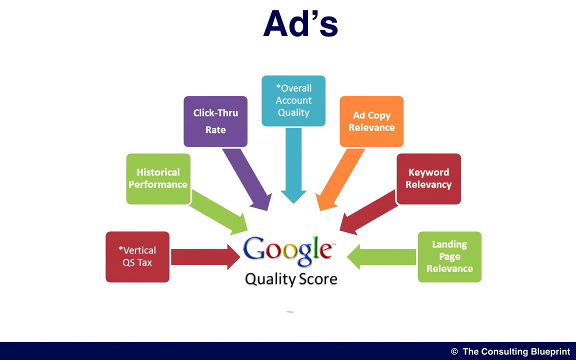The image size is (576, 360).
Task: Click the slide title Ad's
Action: pos(300,23)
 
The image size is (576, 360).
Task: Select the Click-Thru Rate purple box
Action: pos(215,121)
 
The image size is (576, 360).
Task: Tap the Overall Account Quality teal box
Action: pos(293,100)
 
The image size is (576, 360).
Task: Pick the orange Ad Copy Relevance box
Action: pos(371,121)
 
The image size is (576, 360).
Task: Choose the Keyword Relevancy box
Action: pos(428,179)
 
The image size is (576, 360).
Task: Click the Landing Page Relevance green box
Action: pos(449,257)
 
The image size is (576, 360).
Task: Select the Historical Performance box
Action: pos(158,179)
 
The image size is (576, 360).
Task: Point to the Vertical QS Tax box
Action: pos(137,257)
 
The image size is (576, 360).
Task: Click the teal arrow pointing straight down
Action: pos(293,165)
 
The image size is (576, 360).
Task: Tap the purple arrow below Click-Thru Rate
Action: pos(247,179)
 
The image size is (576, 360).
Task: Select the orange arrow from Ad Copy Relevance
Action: pos(340,179)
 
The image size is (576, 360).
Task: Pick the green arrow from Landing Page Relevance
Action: pos(381,257)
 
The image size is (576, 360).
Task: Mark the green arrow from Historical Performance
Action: pos(218,212)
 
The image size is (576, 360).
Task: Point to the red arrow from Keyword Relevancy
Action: pos(368,212)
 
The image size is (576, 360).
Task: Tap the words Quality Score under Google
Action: pos(291,279)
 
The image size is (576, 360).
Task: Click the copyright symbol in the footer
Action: pos(454,351)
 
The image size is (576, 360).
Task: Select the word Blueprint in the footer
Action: pos(547,351)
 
